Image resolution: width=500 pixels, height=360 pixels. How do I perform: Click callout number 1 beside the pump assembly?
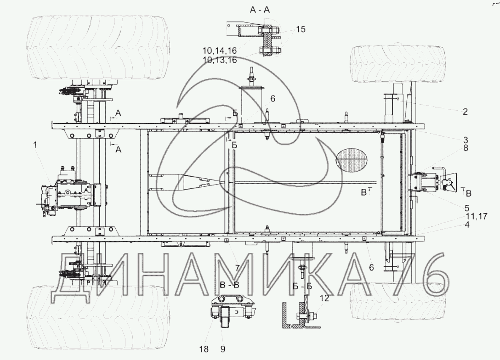(x=35, y=145)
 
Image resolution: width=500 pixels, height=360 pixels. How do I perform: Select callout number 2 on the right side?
(x=465, y=111)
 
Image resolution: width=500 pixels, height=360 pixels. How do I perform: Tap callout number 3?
(x=465, y=140)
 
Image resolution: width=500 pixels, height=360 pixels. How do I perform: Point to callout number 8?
(x=465, y=148)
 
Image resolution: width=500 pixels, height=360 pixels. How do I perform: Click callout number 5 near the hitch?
(x=467, y=208)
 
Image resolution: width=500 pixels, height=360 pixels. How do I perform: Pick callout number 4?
(x=467, y=224)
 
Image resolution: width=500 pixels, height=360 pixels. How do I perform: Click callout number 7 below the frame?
(x=237, y=268)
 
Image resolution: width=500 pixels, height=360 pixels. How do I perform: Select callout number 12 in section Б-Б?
(x=324, y=298)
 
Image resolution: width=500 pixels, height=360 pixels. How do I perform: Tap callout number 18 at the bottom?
(x=204, y=349)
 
